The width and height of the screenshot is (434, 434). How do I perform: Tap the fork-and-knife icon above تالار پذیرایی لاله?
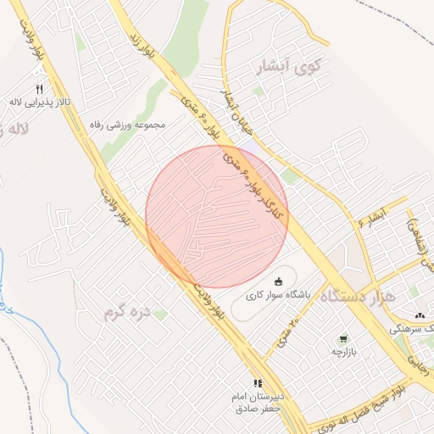tap(39, 89)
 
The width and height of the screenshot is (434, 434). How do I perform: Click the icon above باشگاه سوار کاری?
tap(279, 281)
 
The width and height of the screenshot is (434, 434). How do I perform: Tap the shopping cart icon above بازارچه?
tap(343, 338)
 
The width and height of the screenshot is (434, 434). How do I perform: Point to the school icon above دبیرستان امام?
tap(258, 384)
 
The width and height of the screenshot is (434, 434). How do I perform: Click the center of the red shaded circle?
tap(217, 216)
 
